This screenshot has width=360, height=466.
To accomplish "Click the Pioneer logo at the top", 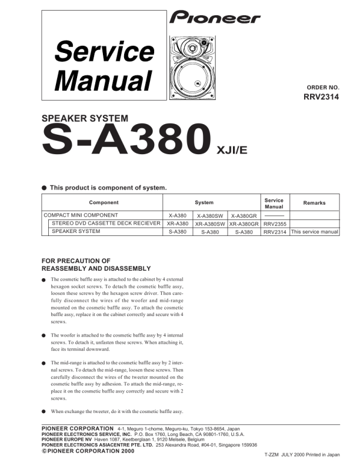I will pyautogui.click(x=215, y=18).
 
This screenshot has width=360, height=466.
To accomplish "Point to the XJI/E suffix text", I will pyautogui.click(x=232, y=149).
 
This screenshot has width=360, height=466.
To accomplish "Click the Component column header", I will pyautogui.click(x=104, y=202).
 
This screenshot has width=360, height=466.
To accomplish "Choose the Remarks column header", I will pyautogui.click(x=314, y=202).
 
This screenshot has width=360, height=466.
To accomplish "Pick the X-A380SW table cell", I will pyautogui.click(x=211, y=215).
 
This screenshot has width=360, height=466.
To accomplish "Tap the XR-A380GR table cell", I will pyautogui.click(x=244, y=224).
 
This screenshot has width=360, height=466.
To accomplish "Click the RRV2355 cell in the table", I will pyautogui.click(x=274, y=224).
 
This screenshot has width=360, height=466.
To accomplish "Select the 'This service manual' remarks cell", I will pyautogui.click(x=314, y=232).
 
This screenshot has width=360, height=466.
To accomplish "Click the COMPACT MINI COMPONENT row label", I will pyautogui.click(x=81, y=215).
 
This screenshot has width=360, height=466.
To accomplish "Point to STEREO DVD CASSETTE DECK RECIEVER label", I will pyautogui.click(x=106, y=224).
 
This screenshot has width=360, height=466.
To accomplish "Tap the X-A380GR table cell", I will pyautogui.click(x=244, y=215).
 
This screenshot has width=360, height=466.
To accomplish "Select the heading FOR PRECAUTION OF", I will pyautogui.click(x=76, y=261).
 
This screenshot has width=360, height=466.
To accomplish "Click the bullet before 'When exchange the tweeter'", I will pyautogui.click(x=44, y=412).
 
